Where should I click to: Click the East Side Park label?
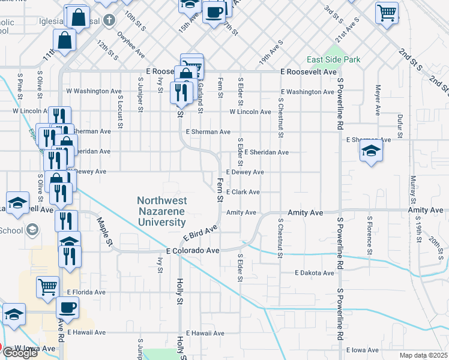[333, 59]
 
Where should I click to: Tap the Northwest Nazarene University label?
[161, 211]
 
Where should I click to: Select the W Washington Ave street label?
[85, 91]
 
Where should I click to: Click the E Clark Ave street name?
[243, 192]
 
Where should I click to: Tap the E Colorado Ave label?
[193, 250]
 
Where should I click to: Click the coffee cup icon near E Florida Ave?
[67, 308]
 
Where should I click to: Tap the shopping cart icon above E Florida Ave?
[47, 287]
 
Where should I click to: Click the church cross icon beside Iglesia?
[109, 21]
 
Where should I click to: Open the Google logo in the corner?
[19, 352]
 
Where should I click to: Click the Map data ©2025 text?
[423, 355]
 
